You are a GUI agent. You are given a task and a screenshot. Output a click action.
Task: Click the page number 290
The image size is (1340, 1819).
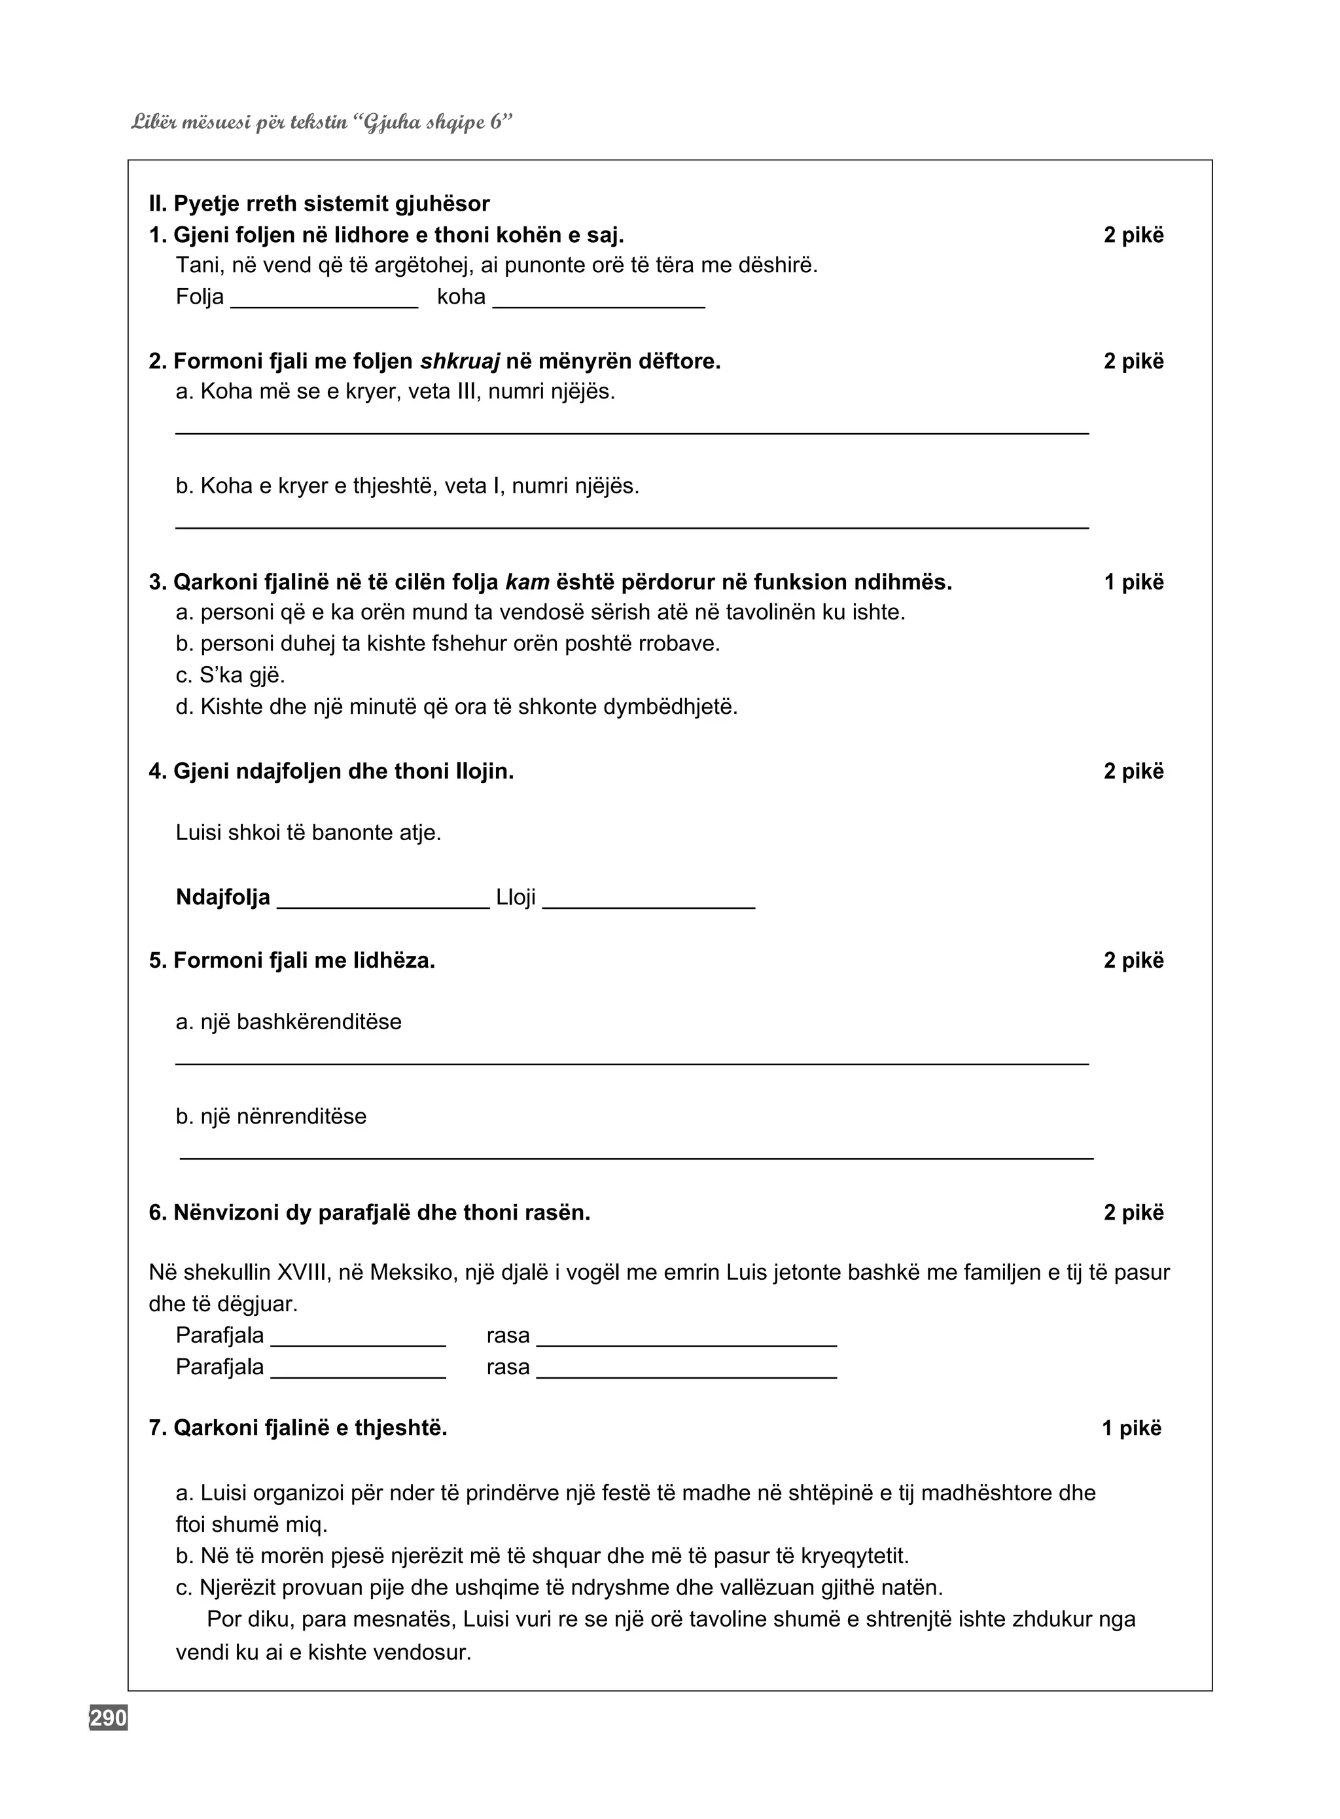[108, 1718]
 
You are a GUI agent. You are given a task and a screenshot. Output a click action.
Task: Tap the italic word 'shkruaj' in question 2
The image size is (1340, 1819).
[459, 362]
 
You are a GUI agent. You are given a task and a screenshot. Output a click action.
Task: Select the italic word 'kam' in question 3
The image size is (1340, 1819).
[527, 582]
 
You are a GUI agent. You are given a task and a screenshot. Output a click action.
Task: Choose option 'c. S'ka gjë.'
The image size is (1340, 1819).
[230, 675]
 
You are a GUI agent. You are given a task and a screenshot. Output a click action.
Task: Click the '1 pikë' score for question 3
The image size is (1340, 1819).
[1133, 582]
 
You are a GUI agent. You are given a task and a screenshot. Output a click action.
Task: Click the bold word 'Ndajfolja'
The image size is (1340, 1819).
[222, 897]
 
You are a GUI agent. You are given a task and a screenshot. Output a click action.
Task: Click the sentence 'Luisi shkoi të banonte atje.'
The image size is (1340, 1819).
[308, 833]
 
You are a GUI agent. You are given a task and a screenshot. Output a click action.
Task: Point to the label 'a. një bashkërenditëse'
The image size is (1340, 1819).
[288, 1022]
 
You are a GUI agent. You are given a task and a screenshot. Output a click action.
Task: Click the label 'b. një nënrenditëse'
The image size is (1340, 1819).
[271, 1117]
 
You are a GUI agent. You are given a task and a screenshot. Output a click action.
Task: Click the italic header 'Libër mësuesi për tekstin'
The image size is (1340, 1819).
[240, 122]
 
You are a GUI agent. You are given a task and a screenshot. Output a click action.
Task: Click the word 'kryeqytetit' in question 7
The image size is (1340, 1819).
[854, 1556]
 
